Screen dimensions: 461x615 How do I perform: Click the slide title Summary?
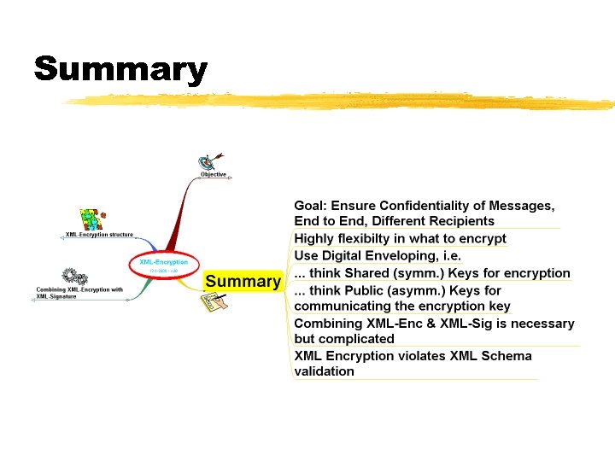click(120, 69)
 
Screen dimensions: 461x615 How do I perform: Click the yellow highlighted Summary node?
click(243, 282)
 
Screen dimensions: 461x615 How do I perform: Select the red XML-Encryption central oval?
click(163, 265)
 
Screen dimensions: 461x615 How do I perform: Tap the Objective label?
click(214, 174)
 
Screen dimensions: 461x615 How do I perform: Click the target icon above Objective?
click(208, 160)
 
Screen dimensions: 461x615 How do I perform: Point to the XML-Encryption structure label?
click(99, 234)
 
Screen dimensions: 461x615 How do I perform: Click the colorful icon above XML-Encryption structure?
click(91, 219)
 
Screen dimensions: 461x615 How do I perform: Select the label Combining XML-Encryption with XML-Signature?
click(79, 293)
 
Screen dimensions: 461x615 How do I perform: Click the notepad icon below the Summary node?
click(214, 301)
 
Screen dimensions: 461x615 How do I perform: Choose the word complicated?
click(355, 339)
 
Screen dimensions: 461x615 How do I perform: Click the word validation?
click(324, 371)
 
